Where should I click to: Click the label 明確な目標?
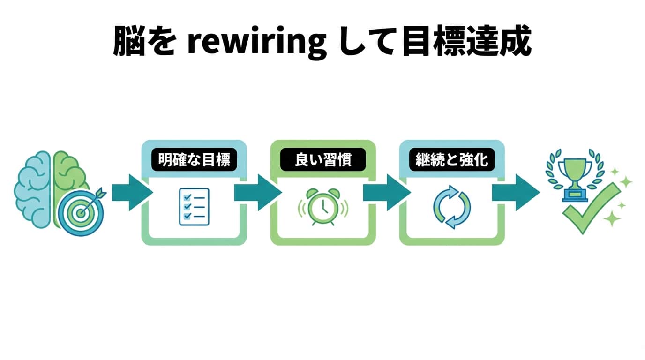(194, 161)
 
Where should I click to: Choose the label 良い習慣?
(323, 161)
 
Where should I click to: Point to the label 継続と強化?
(452, 161)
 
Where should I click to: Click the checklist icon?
(194, 206)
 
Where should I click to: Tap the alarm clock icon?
(323, 206)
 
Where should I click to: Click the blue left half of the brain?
(34, 183)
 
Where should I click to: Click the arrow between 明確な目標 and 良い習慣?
(258, 193)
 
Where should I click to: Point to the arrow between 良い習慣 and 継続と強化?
(387, 193)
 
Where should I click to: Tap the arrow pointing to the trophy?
(516, 193)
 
